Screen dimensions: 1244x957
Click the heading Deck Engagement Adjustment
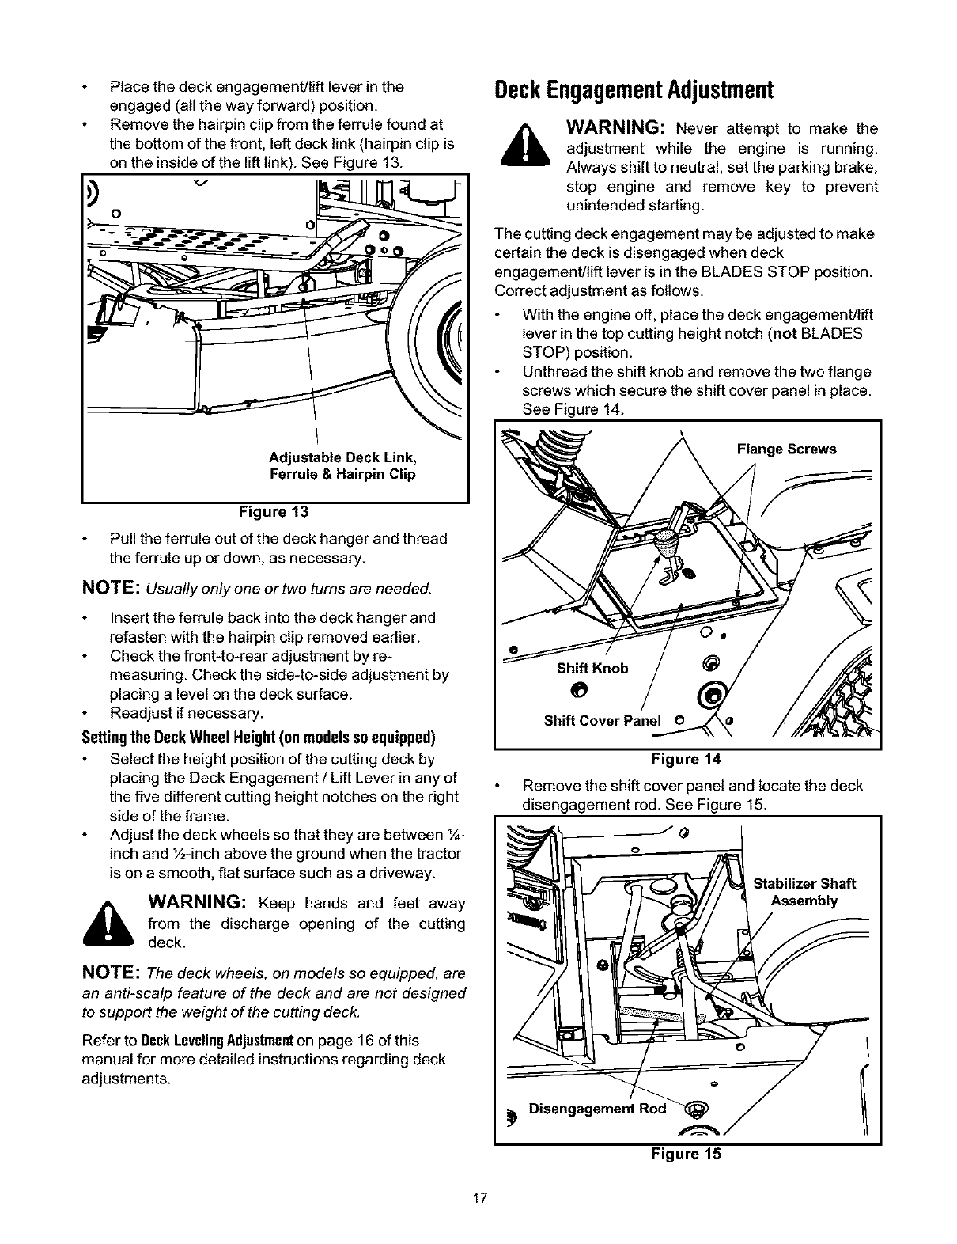[632, 89]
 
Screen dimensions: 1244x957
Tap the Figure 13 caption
[275, 511]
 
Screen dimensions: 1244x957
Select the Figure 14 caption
[686, 760]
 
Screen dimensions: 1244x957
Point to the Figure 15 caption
[686, 1154]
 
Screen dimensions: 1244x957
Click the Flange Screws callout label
[786, 449]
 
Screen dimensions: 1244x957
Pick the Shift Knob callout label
[592, 668]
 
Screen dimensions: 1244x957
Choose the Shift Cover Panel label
[603, 721]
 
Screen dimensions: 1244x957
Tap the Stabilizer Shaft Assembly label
[804, 893]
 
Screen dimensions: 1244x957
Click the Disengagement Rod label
[597, 1109]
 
